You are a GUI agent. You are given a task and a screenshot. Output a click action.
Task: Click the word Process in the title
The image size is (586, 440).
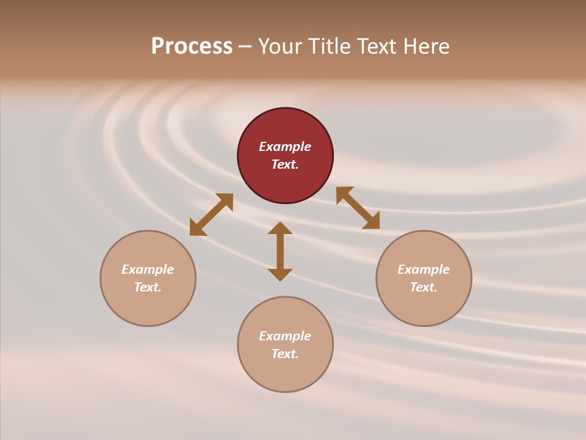192,46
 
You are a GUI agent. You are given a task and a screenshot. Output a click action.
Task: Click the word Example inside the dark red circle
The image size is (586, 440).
285,147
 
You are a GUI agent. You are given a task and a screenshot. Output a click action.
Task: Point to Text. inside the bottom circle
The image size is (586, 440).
285,354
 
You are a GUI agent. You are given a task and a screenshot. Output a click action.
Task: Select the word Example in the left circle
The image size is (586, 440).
148,269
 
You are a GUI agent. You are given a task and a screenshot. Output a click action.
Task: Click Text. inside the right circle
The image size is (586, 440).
424,287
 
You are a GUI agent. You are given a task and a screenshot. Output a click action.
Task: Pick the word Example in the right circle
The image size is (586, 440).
424,269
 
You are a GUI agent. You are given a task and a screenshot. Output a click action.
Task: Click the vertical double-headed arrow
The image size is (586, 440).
280,251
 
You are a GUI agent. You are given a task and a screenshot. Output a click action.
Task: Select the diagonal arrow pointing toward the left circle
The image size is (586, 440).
211,215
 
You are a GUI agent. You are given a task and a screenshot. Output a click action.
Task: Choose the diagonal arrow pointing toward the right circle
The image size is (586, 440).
358,208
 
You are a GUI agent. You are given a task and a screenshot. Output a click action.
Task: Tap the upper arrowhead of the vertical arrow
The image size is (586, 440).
280,228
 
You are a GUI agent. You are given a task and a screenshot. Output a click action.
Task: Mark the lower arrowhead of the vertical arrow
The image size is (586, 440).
280,274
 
